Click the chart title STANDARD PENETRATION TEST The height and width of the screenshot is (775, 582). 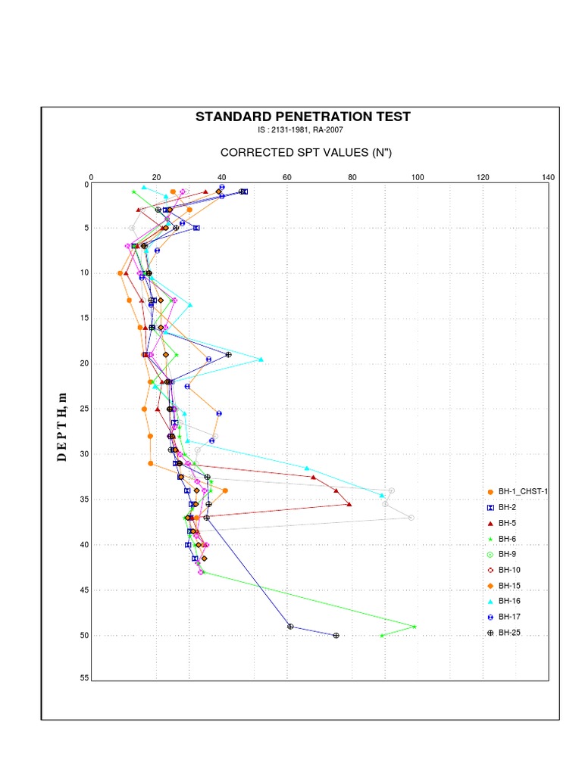click(x=303, y=117)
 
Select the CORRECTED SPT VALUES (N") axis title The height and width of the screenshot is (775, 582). click(x=305, y=153)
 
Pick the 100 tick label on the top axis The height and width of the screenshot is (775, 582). click(x=418, y=177)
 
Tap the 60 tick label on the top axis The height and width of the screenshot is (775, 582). click(x=287, y=177)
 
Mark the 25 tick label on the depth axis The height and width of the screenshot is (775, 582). click(x=84, y=409)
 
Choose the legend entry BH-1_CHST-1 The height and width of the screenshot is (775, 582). click(x=522, y=491)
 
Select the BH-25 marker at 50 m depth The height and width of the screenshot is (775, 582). click(x=336, y=636)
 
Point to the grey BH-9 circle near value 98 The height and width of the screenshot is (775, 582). click(x=411, y=518)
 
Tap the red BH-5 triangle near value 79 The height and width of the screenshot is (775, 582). click(x=349, y=504)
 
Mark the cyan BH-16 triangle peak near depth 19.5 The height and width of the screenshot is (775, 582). click(x=261, y=359)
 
